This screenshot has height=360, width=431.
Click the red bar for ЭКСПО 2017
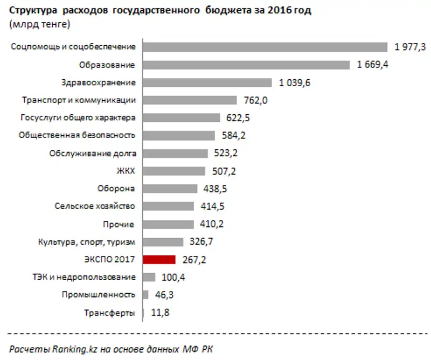click(x=159, y=259)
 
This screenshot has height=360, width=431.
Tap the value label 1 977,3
click(x=410, y=47)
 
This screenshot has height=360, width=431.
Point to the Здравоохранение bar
click(x=207, y=82)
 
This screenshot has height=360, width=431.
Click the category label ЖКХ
click(x=126, y=171)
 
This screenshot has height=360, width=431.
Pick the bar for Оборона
click(x=170, y=189)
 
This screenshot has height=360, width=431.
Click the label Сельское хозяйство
click(x=95, y=206)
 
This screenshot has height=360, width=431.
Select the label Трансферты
click(x=109, y=312)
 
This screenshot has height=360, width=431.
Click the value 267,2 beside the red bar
click(x=194, y=259)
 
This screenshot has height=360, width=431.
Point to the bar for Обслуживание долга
click(x=176, y=153)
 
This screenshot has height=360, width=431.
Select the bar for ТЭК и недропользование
click(x=149, y=277)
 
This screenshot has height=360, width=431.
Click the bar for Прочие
click(x=169, y=224)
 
